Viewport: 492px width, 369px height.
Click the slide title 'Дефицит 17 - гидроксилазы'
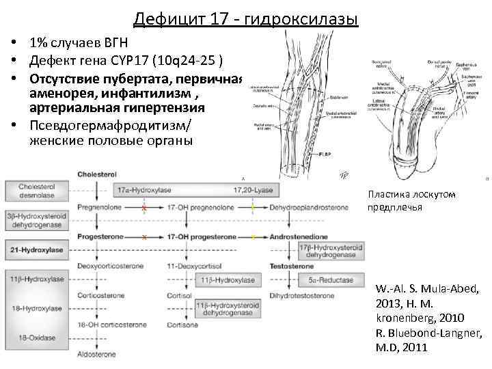pos(245,18)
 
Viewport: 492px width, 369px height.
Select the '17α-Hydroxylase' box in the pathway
pos(143,190)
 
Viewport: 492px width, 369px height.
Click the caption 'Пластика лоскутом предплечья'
pos(411,200)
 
